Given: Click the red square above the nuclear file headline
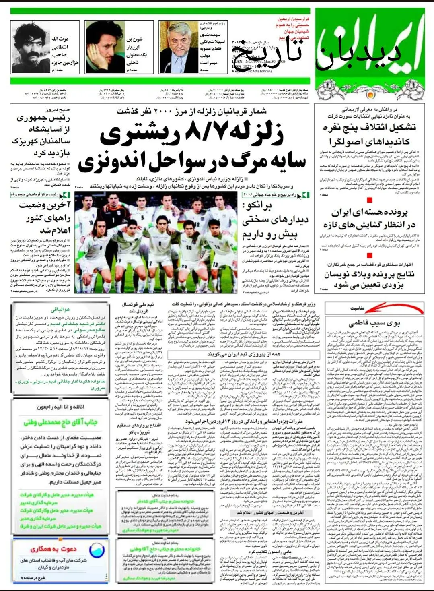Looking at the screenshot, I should pos(370,200).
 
